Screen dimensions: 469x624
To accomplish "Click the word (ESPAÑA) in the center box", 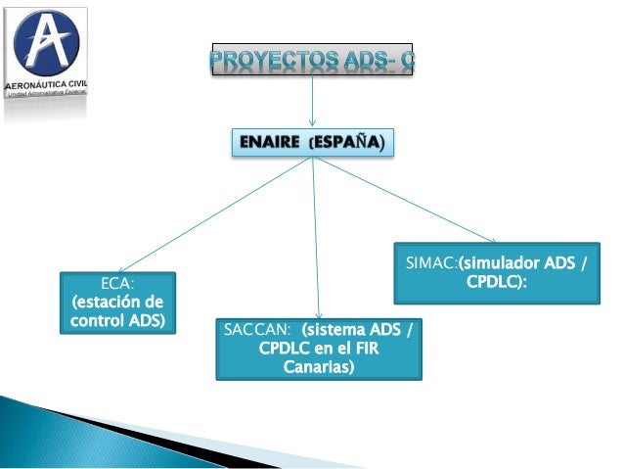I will (x=347, y=144).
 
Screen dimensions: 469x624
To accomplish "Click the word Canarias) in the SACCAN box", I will (x=319, y=367).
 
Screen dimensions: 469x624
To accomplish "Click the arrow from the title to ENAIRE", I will (x=312, y=103).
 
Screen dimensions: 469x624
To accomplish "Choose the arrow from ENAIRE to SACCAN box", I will (x=316, y=235).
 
